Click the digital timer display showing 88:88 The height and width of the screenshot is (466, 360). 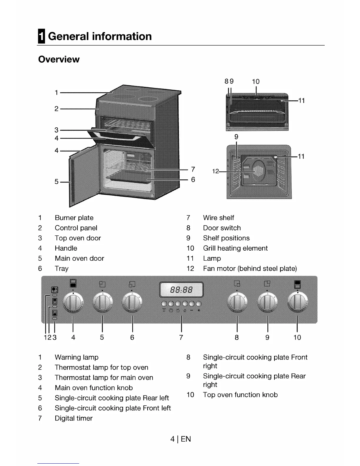click(x=181, y=290)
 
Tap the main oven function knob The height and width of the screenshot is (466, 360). click(x=73, y=303)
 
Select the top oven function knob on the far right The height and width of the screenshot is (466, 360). click(x=298, y=303)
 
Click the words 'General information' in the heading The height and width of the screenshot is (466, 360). click(x=100, y=36)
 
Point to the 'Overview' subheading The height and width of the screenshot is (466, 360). click(x=59, y=59)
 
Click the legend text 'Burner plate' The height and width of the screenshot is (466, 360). click(x=74, y=218)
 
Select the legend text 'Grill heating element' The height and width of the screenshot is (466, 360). click(x=235, y=248)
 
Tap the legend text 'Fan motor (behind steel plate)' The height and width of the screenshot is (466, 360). click(x=250, y=269)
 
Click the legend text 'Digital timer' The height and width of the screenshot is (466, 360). click(x=74, y=418)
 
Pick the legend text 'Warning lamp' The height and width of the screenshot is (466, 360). click(x=76, y=357)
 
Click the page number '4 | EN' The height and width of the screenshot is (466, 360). click(x=181, y=439)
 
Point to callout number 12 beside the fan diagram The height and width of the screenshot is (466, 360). click(x=215, y=171)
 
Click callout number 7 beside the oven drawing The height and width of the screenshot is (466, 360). click(x=193, y=169)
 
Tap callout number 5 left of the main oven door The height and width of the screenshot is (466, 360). click(x=56, y=182)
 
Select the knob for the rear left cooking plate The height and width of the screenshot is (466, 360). click(x=102, y=303)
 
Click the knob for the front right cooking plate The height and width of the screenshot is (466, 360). click(x=237, y=303)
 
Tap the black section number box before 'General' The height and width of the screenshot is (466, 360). click(x=41, y=36)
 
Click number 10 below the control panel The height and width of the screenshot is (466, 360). click(x=297, y=337)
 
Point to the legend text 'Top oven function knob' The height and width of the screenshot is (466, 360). click(x=240, y=395)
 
